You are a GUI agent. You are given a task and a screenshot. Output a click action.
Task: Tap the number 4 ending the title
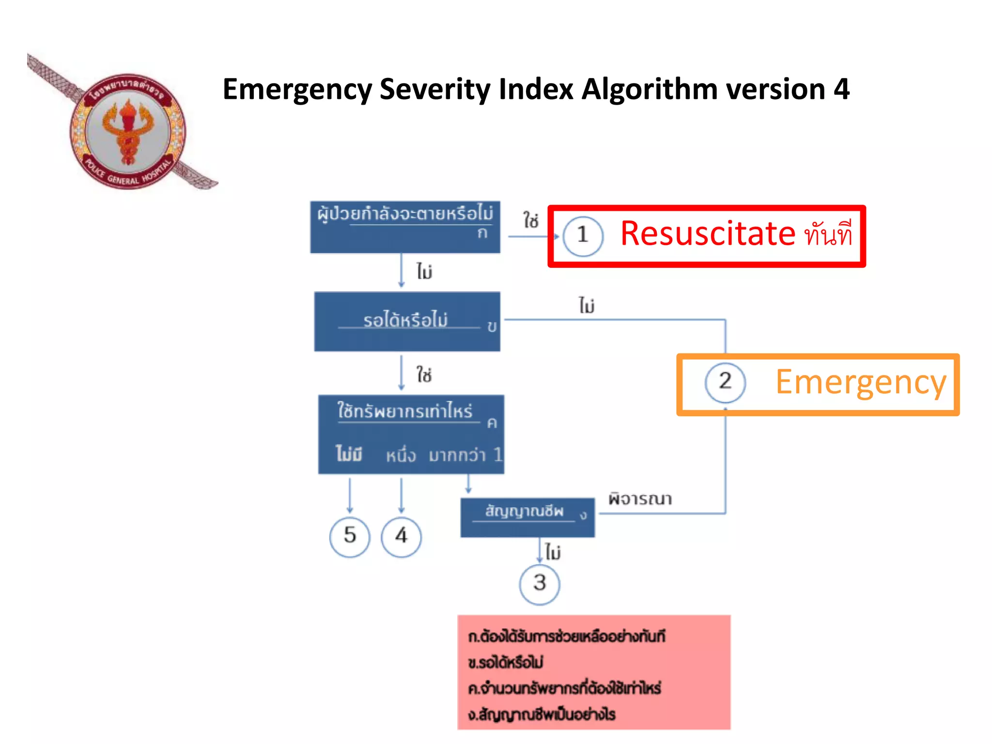tap(841, 90)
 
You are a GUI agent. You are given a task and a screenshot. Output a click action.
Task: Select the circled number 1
tap(583, 235)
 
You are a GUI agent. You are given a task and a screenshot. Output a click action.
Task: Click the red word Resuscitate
tap(708, 234)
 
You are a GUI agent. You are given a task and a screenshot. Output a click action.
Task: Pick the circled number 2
tap(725, 382)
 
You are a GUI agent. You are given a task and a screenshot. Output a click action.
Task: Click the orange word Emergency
tap(861, 383)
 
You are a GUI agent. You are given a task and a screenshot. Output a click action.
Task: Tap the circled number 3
tap(540, 584)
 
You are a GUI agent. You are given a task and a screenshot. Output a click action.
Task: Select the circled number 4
tap(401, 536)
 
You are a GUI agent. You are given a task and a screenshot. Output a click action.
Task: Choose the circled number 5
tap(350, 536)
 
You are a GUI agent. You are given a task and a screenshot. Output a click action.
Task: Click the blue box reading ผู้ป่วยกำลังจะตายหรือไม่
tap(405, 227)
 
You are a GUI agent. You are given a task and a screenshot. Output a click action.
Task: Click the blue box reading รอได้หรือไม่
tap(407, 321)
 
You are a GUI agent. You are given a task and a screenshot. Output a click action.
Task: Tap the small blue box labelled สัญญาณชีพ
tap(527, 517)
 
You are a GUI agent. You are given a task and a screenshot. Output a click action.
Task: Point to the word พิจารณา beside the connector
tap(640, 499)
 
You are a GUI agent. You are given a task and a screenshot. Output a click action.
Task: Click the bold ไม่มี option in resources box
tap(349, 454)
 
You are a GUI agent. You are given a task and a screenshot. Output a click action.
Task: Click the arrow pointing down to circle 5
tap(350, 495)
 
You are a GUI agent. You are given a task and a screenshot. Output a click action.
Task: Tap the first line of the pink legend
tap(567, 636)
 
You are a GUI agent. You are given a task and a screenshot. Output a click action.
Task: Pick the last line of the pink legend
tap(542, 714)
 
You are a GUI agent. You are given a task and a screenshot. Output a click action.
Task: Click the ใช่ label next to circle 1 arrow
tap(531, 220)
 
